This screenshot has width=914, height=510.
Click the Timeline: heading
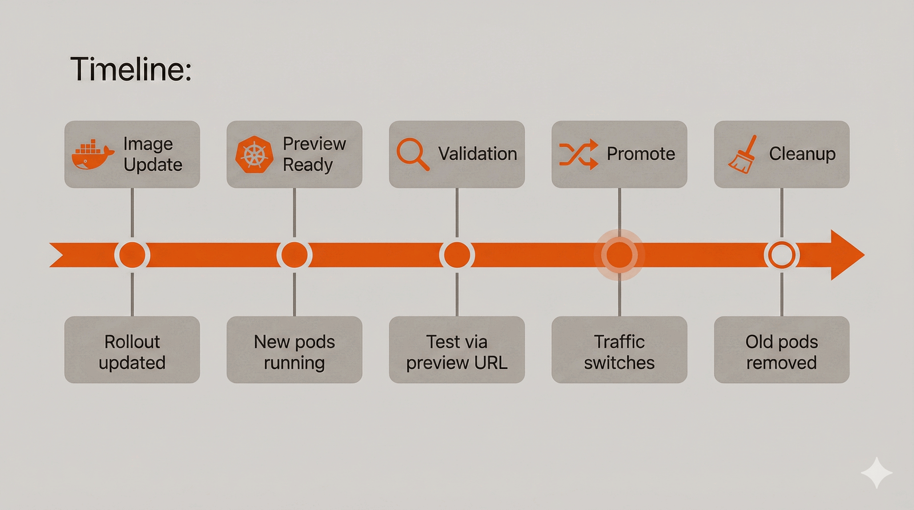[x=131, y=70]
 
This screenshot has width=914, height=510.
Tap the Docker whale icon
[x=93, y=155]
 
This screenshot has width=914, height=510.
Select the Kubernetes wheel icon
[x=255, y=155]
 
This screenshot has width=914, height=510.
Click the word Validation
[x=478, y=154]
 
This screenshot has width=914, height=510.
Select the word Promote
[x=640, y=154]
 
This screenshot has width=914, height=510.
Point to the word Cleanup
[x=802, y=154]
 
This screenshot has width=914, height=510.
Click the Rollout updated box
[x=132, y=350]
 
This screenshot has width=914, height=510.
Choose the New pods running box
[x=294, y=350]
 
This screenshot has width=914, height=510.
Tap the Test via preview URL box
[x=456, y=350]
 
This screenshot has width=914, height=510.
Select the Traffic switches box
[x=619, y=350]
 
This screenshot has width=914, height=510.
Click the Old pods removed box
[x=781, y=350]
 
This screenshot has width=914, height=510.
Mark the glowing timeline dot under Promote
[x=619, y=255]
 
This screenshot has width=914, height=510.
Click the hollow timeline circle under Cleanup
[x=781, y=255]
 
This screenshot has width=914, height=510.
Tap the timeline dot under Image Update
[x=132, y=255]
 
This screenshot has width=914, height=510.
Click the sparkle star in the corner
[x=876, y=473]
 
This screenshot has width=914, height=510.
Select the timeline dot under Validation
[x=456, y=255]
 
